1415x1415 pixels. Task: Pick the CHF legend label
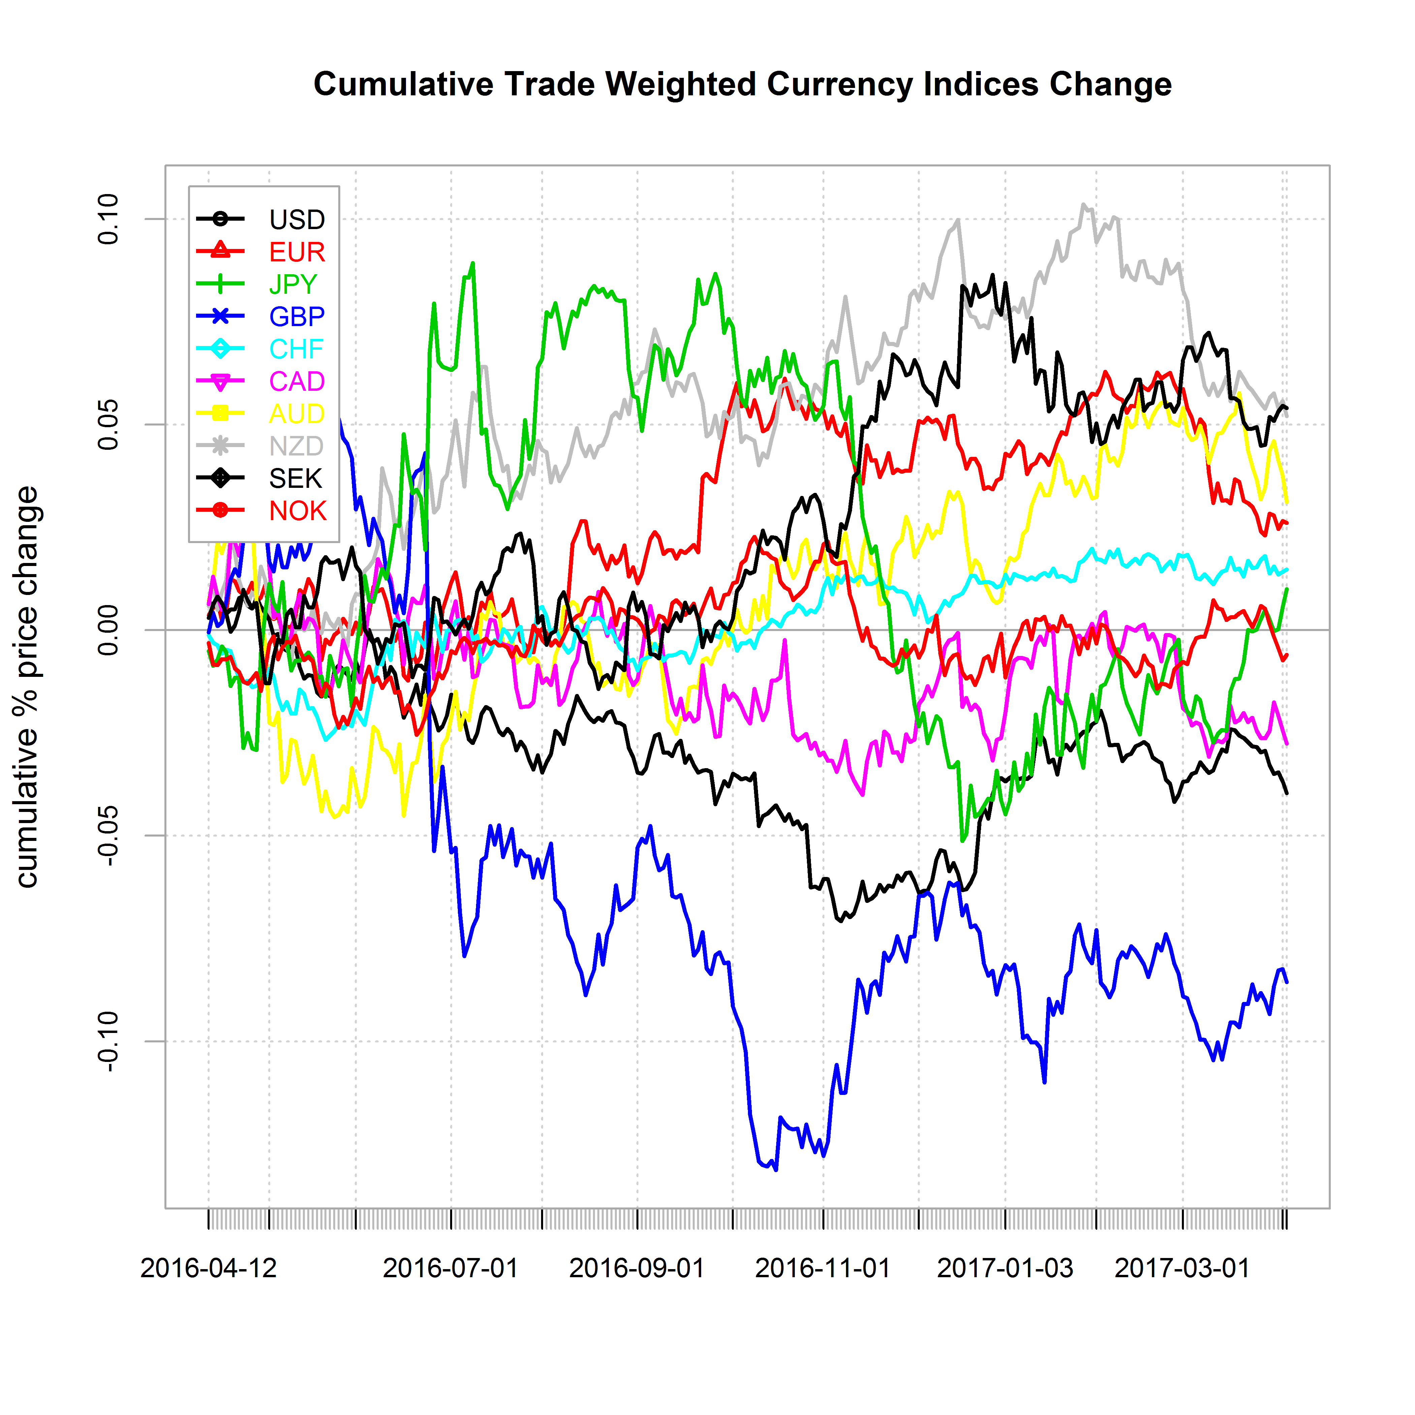tap(296, 349)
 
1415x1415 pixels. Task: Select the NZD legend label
tap(296, 446)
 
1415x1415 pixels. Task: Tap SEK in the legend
tap(295, 478)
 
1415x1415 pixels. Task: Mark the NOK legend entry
tap(297, 510)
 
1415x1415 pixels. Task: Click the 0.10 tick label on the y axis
tap(108, 219)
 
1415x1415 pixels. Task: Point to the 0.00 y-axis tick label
tap(108, 630)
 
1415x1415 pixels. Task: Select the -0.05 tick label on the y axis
tap(108, 836)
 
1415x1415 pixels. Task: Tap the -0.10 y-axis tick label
tap(108, 1041)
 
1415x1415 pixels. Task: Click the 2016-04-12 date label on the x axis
tap(209, 1268)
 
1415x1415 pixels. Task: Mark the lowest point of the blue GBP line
tap(776, 1170)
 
